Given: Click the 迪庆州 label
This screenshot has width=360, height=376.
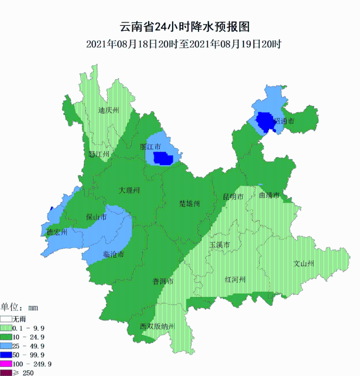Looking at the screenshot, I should coord(109,111).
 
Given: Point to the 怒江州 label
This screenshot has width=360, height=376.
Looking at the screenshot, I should coord(99,154).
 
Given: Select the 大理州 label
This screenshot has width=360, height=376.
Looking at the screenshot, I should coord(130,190).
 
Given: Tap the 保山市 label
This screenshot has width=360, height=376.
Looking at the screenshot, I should coord(96,217).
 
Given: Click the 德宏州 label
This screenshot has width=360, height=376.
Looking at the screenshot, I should coord(57,232).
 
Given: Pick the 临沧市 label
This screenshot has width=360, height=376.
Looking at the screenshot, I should coord(114,254).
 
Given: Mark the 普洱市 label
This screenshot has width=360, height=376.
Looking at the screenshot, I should coord(163,281).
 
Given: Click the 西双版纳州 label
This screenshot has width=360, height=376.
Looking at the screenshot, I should coord(158,326).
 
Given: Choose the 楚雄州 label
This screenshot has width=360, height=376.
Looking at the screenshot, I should coord(189,203).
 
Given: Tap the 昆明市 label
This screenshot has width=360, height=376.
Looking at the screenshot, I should coord(233,197).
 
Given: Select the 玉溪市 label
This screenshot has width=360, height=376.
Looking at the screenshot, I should coord(220,245).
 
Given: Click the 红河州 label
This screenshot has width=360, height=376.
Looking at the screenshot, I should coord(235,279).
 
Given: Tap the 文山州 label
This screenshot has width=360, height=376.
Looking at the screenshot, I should coord(304,263).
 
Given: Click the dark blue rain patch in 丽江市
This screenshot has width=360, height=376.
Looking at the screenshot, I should coord(163,159).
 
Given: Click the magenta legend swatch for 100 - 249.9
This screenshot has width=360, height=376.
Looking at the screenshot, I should coord(6,364).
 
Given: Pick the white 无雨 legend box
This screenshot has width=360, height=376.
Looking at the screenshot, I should coord(6,318).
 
